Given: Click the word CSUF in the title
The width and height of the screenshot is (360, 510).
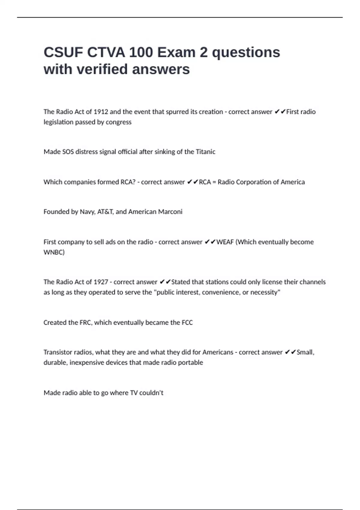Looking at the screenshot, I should click(63, 52).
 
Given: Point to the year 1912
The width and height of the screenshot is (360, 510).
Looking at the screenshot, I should click(101, 112).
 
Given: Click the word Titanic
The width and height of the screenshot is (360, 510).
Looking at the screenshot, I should click(205, 152).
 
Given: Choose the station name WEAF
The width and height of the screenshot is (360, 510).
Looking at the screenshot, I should click(225, 242).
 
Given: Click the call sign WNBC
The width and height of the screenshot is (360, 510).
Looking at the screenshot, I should click(54, 252).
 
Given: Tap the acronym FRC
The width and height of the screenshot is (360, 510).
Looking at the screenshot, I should click(85, 322).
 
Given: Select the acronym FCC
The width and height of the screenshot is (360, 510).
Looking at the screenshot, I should click(187, 322).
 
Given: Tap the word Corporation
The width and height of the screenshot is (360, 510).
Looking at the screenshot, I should click(254, 182).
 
